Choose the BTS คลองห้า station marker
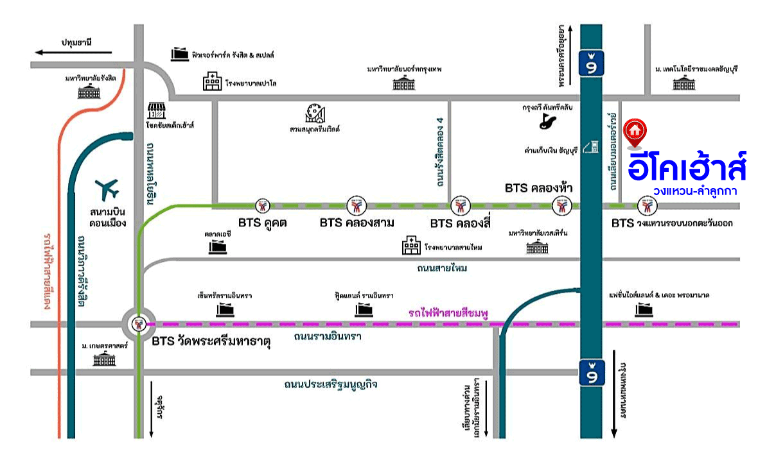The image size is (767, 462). click(561, 206)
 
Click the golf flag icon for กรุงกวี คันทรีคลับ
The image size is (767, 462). click(549, 120)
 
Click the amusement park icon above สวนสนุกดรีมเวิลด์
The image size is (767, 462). click(315, 113)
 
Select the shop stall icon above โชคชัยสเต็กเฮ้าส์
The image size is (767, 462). click(156, 110)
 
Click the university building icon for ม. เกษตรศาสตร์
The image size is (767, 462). click(103, 359)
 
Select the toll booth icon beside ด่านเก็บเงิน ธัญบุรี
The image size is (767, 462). click(594, 146)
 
